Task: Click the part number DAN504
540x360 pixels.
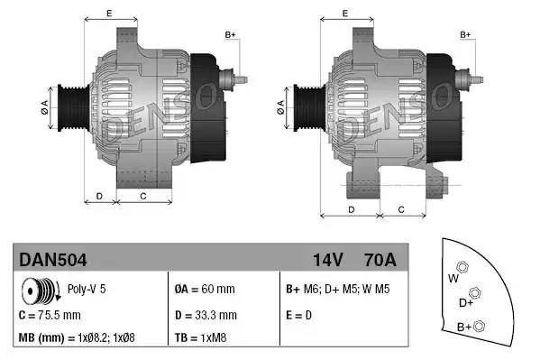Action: point(52,260)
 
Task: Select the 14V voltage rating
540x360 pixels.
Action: point(327,260)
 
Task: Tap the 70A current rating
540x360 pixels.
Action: point(378,260)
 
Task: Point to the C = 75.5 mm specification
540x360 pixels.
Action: point(50,315)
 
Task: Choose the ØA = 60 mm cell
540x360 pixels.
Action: point(205,290)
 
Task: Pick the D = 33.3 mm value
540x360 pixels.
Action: point(205,315)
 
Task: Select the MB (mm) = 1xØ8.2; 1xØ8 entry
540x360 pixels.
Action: point(77,338)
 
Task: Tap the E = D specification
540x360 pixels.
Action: point(300,315)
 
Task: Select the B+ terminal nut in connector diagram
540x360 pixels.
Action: point(480,325)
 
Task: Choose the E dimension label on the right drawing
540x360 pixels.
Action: point(346,14)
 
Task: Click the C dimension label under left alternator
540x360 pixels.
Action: point(142,195)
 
